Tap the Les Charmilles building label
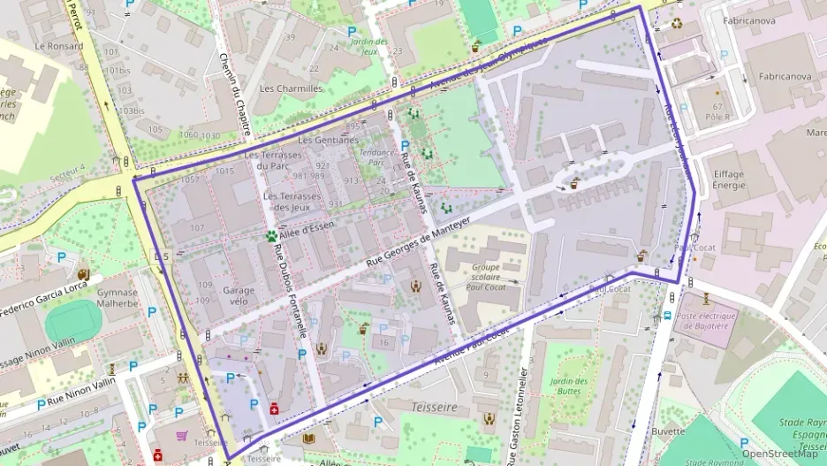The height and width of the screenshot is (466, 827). [x=292, y=88]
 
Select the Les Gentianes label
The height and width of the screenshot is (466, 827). [x=328, y=140]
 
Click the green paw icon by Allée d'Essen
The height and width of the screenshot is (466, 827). [x=269, y=236]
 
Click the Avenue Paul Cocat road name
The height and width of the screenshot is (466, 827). [x=474, y=345]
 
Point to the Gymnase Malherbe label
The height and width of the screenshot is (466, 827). [x=118, y=298]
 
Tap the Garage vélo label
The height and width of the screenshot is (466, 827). [x=239, y=295]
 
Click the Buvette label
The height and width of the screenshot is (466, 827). [x=667, y=432]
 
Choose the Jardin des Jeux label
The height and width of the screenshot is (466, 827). [x=368, y=46]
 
